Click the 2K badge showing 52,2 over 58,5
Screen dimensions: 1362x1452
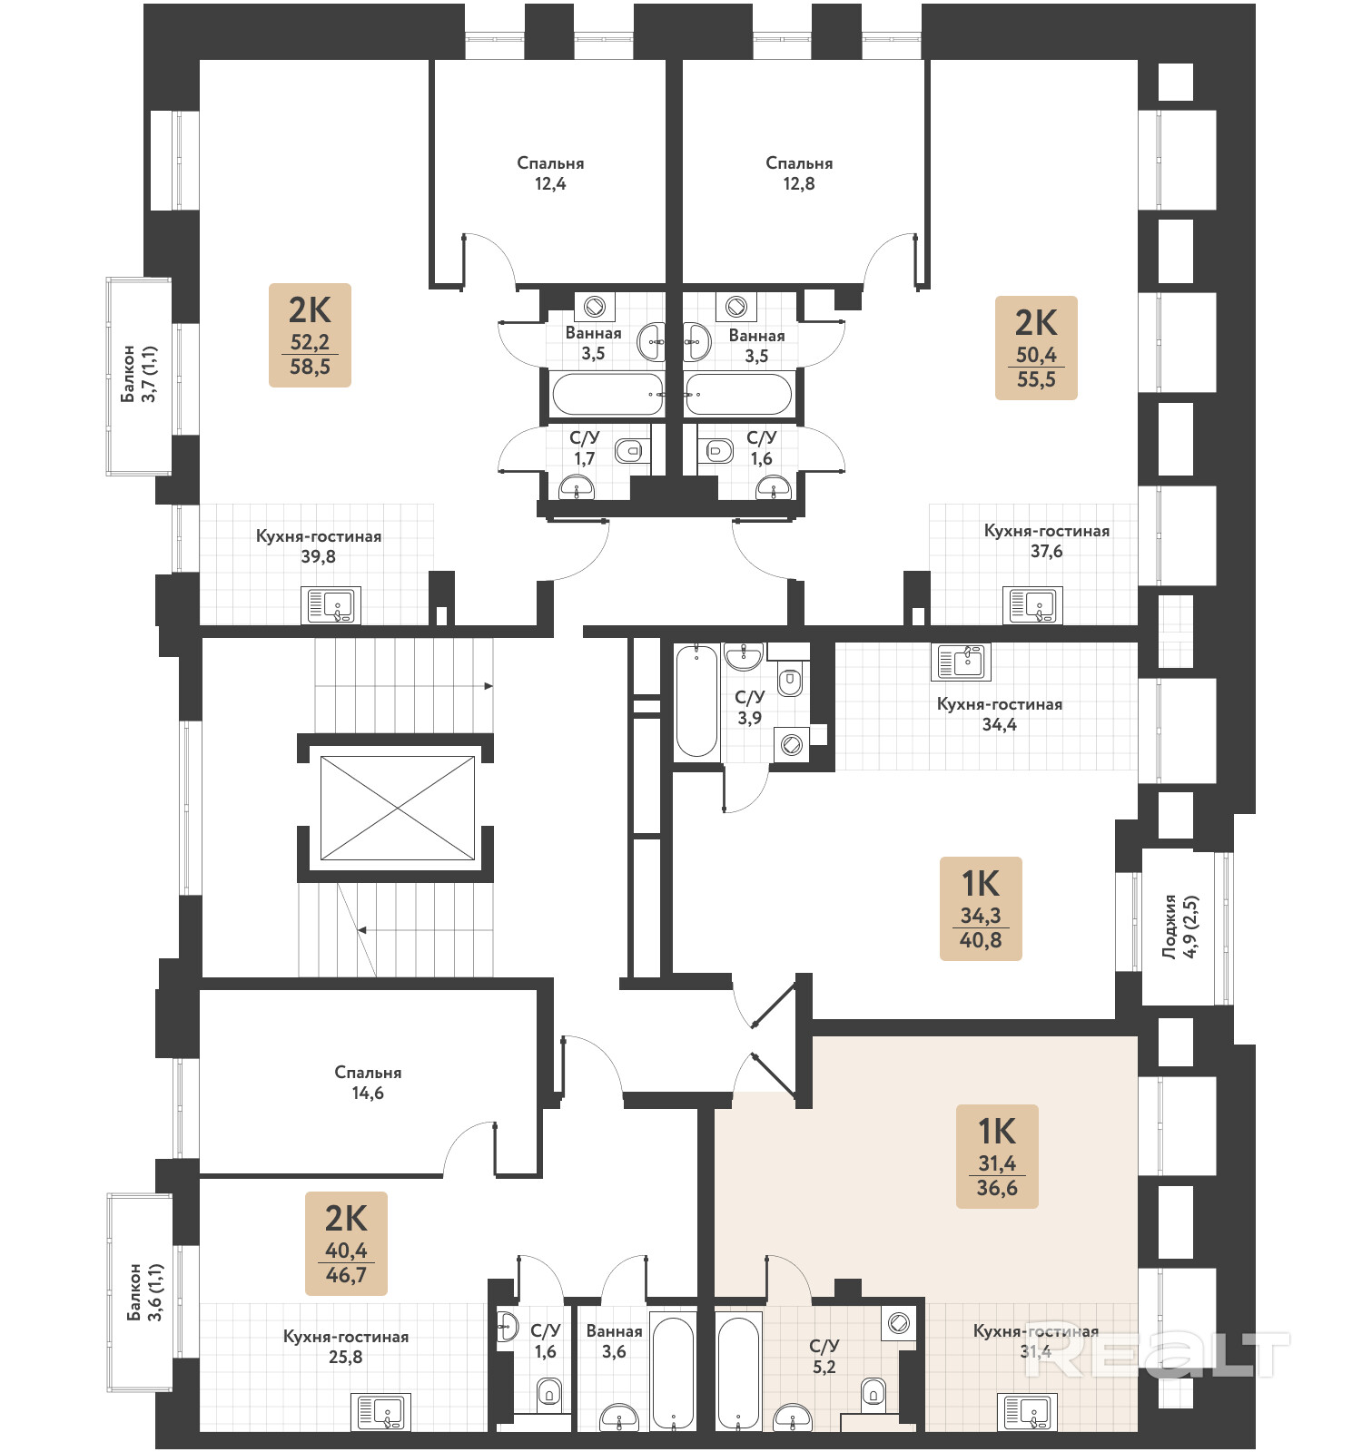310,335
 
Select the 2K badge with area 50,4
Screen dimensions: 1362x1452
1036,348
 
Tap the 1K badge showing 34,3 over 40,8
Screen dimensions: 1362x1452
981,908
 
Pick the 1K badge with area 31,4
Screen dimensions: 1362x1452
997,1156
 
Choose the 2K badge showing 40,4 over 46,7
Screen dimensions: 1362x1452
346,1243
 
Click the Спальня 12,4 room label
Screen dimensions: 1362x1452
550,173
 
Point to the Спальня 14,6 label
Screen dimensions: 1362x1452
368,1083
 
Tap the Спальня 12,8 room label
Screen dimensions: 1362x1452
799,173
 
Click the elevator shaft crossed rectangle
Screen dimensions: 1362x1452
398,808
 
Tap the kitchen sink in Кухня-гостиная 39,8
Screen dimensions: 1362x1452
331,605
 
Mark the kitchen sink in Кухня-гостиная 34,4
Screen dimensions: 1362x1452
961,662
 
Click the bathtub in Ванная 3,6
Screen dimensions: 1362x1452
674,1373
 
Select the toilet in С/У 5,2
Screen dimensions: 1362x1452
873,1390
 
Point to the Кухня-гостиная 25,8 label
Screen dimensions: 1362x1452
346,1347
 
